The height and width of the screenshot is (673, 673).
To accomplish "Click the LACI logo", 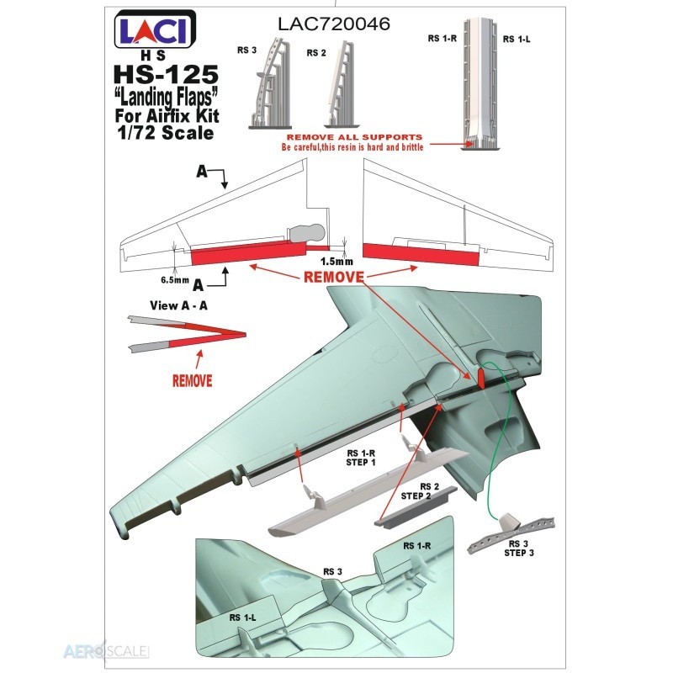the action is pos(156,29).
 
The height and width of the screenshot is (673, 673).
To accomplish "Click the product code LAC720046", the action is pos(334,24).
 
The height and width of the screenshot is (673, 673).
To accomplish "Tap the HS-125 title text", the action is pos(166,75).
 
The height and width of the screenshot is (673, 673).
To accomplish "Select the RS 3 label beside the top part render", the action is pos(246,50).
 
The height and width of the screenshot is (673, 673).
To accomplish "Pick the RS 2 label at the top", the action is pos(316,53).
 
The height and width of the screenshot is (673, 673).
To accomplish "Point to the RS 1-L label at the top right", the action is pos(517,39).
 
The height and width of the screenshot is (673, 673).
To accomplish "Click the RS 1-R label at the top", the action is pos(442,38).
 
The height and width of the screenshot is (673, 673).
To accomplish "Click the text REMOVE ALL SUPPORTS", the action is pos(354,137).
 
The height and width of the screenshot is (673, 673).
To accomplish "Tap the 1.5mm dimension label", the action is pos(337,262).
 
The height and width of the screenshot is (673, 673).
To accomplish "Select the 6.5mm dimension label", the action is pos(175,280).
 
